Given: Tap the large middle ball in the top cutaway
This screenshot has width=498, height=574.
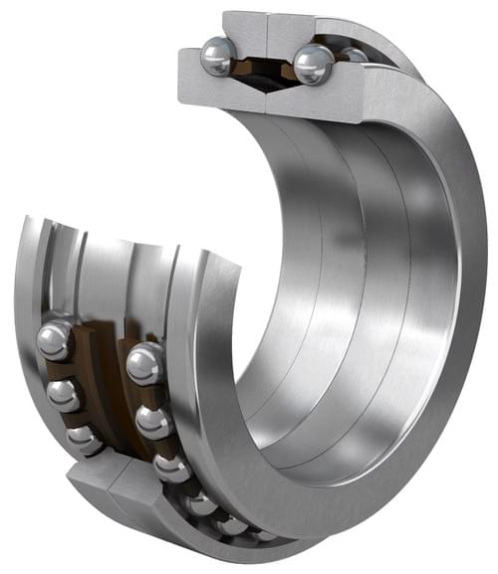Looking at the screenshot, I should [312, 64].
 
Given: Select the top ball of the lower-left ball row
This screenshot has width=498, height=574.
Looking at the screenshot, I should [54, 339].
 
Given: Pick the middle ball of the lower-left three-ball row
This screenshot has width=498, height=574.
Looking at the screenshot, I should [63, 394].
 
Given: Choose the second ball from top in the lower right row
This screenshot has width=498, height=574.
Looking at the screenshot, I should [153, 421].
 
